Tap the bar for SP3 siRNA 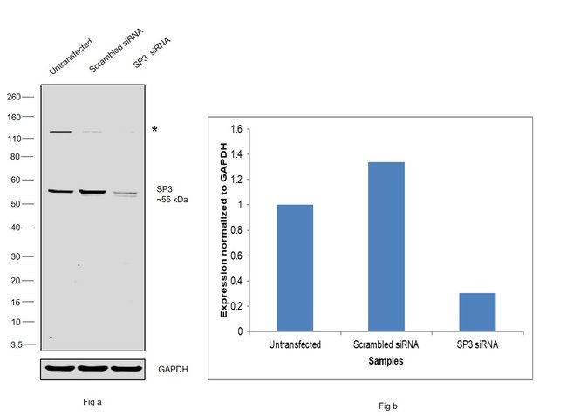477,311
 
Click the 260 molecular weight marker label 14,97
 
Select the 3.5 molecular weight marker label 16,344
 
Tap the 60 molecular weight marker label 16,180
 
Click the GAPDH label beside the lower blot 173,369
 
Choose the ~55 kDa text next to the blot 173,200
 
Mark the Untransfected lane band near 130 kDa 59,132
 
